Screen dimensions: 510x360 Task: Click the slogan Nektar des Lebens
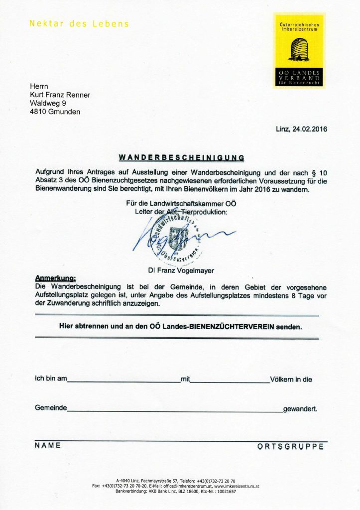pyautogui.click(x=79, y=23)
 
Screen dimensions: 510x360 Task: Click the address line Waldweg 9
pyautogui.click(x=48, y=103)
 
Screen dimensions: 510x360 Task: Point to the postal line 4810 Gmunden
pyautogui.click(x=55, y=112)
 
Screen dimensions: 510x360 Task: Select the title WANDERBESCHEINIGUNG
pyautogui.click(x=181, y=157)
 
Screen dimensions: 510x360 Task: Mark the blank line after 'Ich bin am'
pyautogui.click(x=123, y=382)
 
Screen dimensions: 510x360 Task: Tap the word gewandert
pyautogui.click(x=300, y=409)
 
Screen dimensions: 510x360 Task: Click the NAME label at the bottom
pyautogui.click(x=48, y=445)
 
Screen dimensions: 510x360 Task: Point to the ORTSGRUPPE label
pyautogui.click(x=290, y=446)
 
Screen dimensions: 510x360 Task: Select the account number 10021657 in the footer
pyautogui.click(x=225, y=491)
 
